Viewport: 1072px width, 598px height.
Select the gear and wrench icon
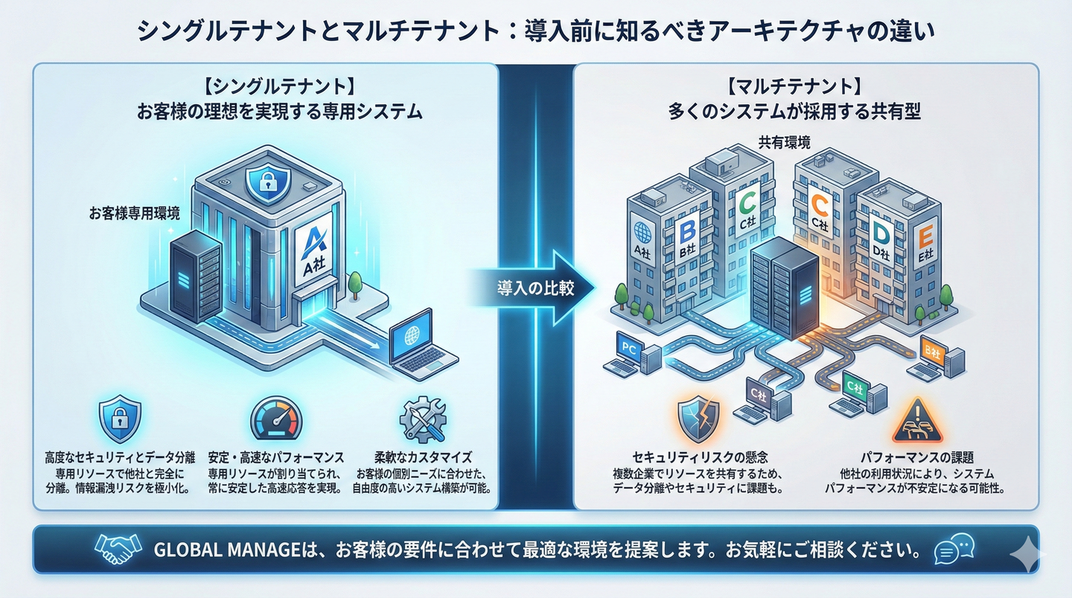[422, 419]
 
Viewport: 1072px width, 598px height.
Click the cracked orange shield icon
[698, 420]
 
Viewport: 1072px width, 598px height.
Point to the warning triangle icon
[914, 421]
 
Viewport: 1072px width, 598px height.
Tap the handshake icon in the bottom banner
[118, 550]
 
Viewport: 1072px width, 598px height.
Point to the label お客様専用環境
[134, 214]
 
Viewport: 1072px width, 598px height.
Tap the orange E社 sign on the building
[924, 244]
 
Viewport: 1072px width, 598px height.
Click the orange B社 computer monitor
[932, 351]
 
